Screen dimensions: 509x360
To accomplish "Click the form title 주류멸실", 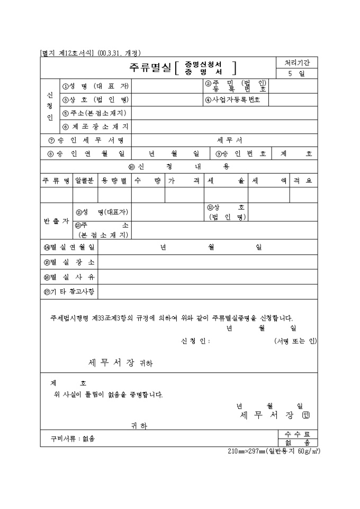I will tap(150, 68).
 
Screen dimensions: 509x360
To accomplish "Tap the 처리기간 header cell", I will tap(296, 62).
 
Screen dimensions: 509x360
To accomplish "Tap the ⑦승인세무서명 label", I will tap(85, 140).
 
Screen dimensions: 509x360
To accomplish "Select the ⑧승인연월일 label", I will tap(85, 154).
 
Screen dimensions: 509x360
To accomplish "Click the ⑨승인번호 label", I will tap(240, 154).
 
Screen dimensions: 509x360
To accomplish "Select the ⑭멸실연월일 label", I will tap(69, 248).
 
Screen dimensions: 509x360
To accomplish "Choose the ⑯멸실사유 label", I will tap(69, 277).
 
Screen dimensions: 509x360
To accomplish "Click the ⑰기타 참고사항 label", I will tap(69, 291).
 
